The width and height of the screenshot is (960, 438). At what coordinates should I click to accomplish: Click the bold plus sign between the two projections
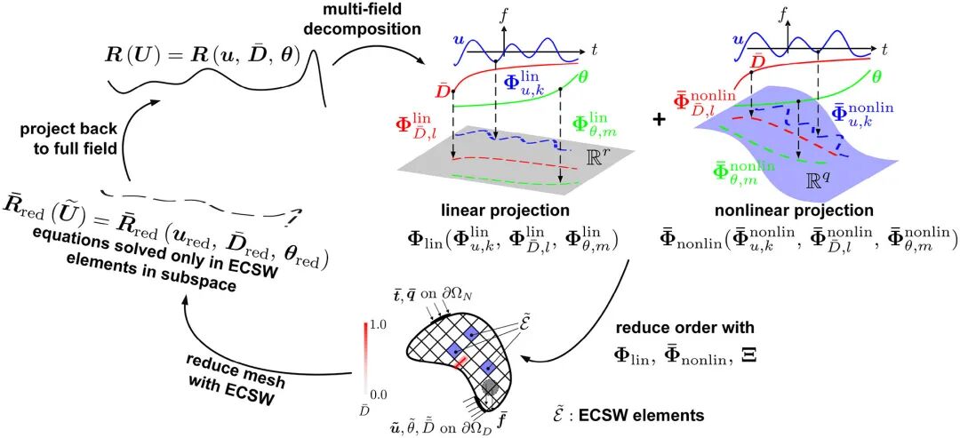coord(660,119)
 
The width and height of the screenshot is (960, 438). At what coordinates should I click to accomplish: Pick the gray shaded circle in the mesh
coord(489,386)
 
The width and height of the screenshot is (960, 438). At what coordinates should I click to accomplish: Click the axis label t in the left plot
coord(594,47)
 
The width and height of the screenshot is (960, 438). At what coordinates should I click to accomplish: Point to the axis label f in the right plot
coord(782,12)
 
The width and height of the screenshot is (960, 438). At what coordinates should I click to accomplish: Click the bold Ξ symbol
coord(747,354)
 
